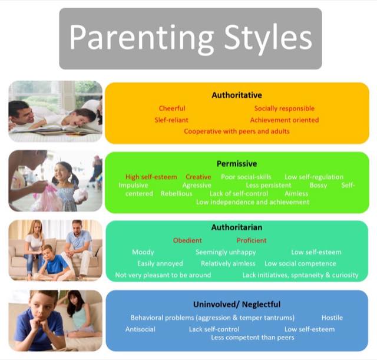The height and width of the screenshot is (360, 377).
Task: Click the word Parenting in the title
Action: click(x=141, y=39)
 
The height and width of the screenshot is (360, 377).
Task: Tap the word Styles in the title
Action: click(x=268, y=39)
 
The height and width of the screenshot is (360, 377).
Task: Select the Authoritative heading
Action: click(x=237, y=95)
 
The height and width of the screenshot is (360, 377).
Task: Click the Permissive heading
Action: click(x=237, y=164)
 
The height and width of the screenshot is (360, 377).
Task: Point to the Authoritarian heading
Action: click(x=237, y=227)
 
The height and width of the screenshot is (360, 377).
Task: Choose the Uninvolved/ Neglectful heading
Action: click(x=237, y=305)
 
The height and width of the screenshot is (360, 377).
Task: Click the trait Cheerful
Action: click(x=172, y=108)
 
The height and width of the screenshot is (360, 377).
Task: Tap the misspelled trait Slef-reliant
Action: click(x=171, y=120)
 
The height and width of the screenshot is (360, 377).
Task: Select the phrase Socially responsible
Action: click(x=285, y=108)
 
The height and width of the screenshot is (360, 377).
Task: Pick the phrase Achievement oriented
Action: click(x=285, y=120)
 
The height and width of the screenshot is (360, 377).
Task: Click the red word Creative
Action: click(x=199, y=177)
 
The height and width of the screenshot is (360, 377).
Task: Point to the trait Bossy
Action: click(x=318, y=186)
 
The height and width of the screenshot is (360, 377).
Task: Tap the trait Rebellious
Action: click(x=177, y=194)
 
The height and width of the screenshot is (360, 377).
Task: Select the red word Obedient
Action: click(x=187, y=240)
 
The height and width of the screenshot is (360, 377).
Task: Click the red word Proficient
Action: click(x=252, y=240)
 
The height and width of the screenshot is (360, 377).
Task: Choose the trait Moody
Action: click(x=143, y=252)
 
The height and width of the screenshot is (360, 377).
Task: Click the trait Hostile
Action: click(x=332, y=318)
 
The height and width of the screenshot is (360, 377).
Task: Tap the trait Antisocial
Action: click(x=140, y=329)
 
